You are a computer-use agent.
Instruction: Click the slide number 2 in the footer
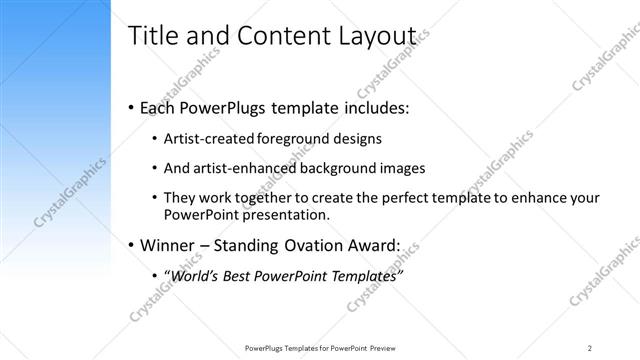point(590,347)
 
